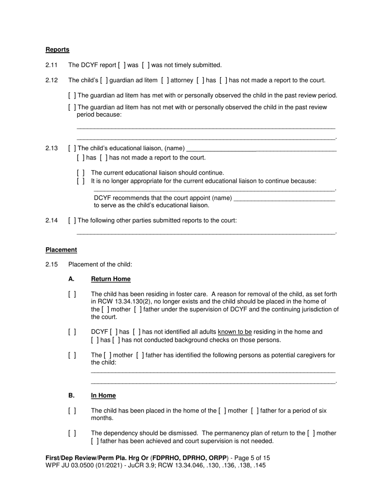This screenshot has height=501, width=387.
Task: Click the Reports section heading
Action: pos(57,50)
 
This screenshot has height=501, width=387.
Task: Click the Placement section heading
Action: pos(61,250)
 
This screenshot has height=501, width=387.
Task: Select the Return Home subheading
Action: pos(111,279)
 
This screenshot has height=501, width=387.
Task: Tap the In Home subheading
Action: pos(103,396)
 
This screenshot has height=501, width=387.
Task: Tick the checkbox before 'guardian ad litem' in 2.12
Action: pos(104,80)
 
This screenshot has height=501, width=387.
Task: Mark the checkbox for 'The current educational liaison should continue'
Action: pos(81,173)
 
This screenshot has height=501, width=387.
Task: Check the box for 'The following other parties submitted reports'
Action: pos(72,221)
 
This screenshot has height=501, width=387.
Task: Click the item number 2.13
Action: pos(52,148)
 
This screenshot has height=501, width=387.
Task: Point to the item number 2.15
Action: pos(52,264)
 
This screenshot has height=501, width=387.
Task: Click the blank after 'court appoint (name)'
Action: pos(285,199)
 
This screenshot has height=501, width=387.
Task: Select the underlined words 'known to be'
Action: pos(235,332)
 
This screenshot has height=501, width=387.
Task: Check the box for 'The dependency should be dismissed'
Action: pos(72,433)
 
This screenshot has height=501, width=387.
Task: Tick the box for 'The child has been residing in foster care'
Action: pos(72,294)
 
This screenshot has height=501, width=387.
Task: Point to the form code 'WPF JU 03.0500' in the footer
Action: pos(67,465)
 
